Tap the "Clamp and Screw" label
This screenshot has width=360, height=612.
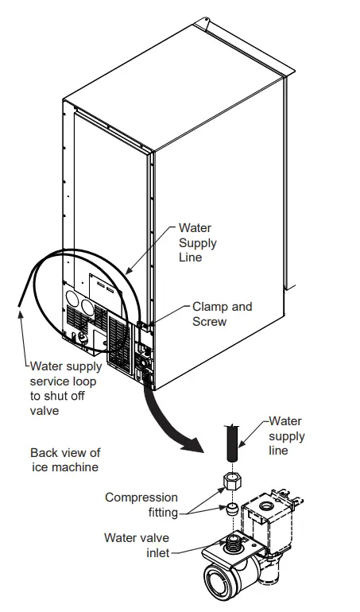point(222,314)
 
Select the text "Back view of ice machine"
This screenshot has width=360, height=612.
point(65,460)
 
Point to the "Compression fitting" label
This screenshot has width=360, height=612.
point(141,505)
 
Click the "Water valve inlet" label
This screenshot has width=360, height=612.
point(136,545)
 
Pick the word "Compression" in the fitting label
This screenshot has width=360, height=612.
point(141,498)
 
